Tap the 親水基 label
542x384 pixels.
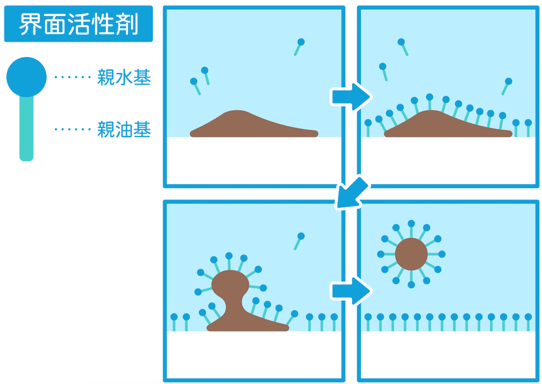(x=124, y=78)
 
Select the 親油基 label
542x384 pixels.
(x=124, y=130)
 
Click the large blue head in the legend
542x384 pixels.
(x=26, y=76)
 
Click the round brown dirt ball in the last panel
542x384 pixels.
(x=411, y=254)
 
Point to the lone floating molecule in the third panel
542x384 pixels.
(x=299, y=240)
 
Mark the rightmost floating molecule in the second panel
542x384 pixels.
(x=506, y=85)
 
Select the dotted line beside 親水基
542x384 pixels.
(x=73, y=78)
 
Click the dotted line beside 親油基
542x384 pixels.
(x=73, y=130)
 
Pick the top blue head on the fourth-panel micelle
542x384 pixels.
(x=411, y=224)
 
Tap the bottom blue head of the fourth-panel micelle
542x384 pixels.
(x=411, y=284)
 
